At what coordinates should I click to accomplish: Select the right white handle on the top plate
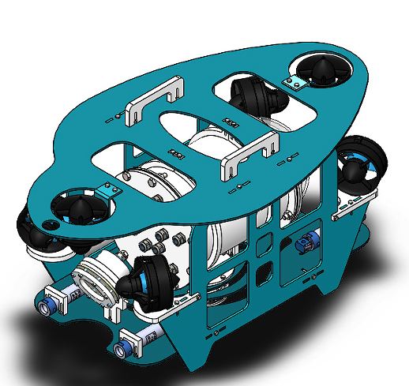tap(250, 155)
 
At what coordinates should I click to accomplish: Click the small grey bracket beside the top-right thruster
tap(296, 83)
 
